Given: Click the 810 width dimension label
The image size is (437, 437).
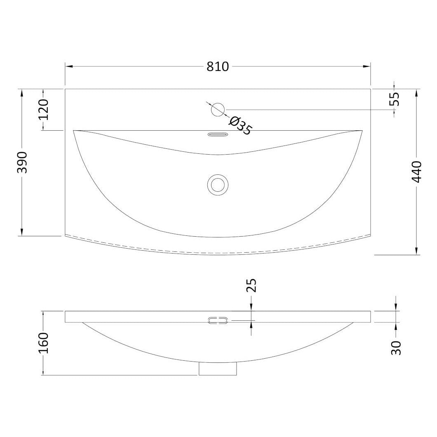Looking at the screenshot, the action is point(217,67).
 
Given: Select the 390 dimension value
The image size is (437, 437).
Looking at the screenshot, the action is point(22,162).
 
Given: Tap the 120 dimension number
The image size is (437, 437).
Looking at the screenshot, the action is point(43,110).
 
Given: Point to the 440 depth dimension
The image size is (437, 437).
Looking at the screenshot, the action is point(417,172).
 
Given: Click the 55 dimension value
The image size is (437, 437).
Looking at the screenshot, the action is point(395,99).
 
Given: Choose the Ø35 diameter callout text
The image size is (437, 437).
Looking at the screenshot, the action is point(240,126).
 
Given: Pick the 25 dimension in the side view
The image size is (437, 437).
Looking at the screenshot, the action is point(251,285).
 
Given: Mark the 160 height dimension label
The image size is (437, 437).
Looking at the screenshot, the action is point(43,343).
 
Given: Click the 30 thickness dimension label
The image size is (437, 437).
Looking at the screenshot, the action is point(396,348).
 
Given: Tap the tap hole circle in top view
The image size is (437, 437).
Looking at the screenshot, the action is point(218,110).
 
